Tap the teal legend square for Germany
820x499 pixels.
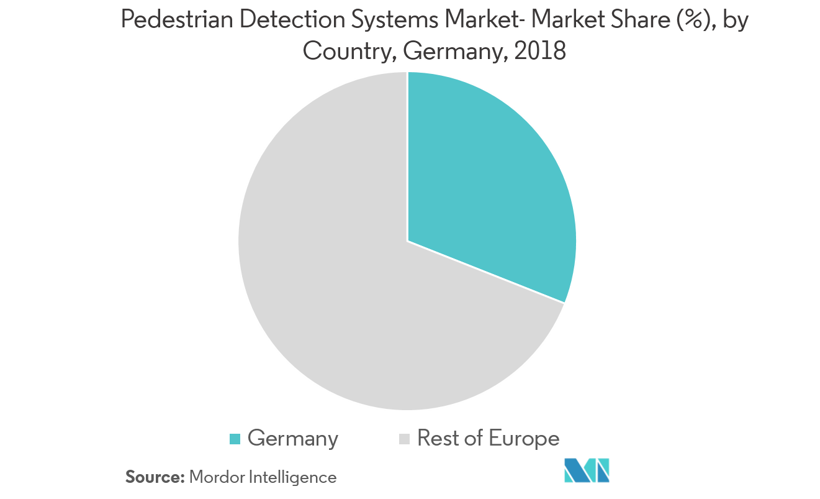[235, 439]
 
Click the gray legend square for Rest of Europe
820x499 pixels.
[404, 439]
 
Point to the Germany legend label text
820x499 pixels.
[293, 439]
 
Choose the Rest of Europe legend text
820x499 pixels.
[489, 438]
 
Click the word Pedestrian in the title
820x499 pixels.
[177, 19]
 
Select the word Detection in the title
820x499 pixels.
[292, 19]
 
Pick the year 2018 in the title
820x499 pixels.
[540, 51]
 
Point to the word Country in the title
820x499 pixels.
[348, 52]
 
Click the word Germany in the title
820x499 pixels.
[455, 52]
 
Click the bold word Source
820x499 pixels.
[155, 477]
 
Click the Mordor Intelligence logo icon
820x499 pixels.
[587, 470]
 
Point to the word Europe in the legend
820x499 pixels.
[524, 439]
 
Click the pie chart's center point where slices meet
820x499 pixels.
[408, 241]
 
